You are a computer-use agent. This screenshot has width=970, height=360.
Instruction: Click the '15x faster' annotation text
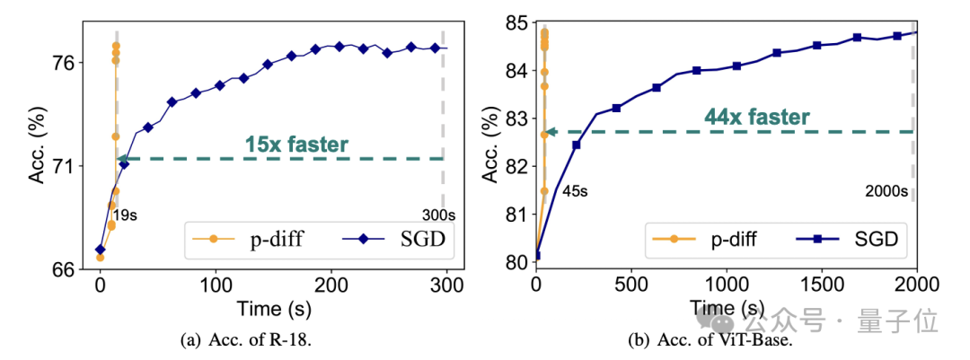[x=295, y=144]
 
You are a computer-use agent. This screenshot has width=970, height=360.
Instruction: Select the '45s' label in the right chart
[x=572, y=190]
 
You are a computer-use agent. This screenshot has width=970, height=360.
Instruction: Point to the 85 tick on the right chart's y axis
[x=516, y=22]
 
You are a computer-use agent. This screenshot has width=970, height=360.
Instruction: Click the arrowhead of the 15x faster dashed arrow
[x=122, y=159]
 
